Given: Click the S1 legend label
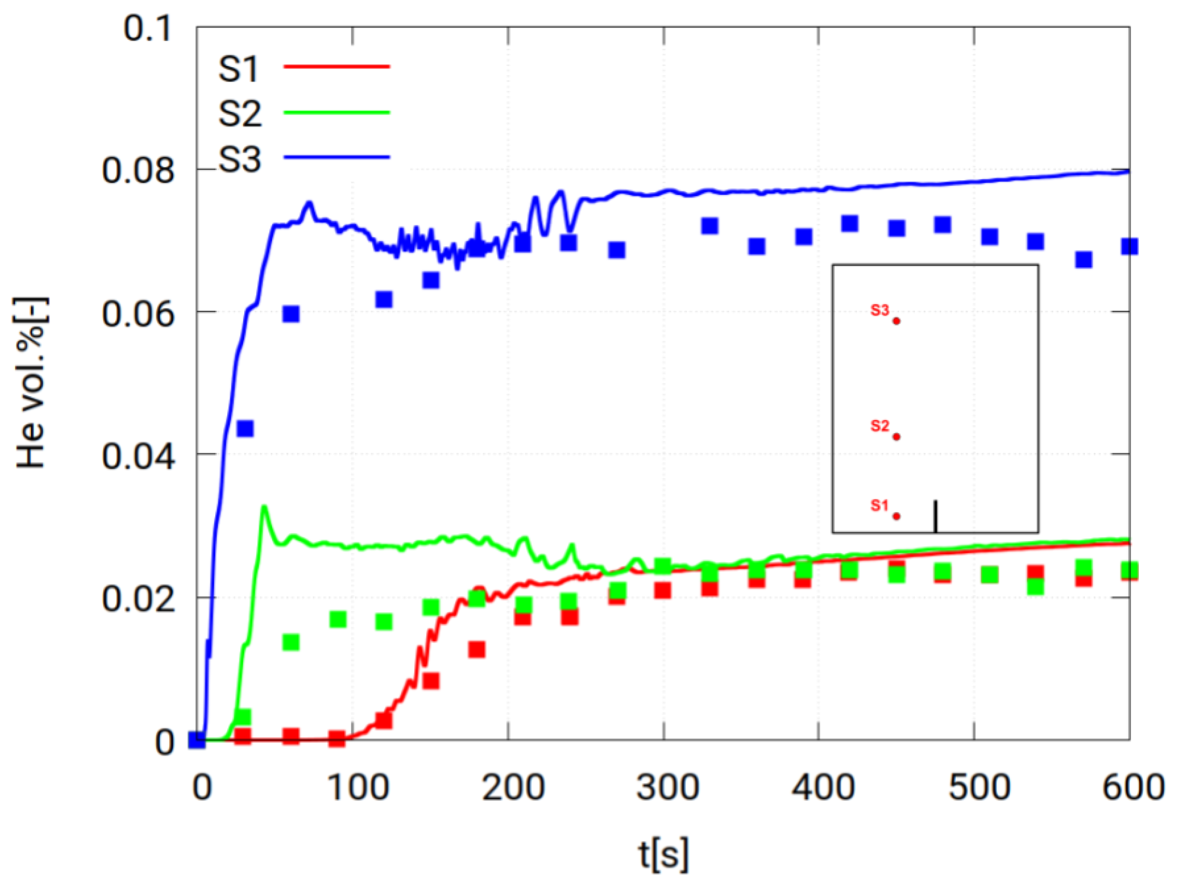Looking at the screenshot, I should click(x=238, y=69).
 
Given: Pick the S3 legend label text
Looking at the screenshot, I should click(x=240, y=159).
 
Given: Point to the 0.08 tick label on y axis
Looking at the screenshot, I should click(x=138, y=171).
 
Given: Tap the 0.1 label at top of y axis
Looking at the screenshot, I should click(x=148, y=28).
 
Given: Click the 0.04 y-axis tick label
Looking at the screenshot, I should click(x=138, y=457).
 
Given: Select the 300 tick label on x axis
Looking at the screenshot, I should click(x=667, y=787).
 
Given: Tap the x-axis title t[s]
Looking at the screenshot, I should click(x=664, y=854).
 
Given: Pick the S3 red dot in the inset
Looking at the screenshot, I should click(x=896, y=321).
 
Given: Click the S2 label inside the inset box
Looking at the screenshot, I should click(x=880, y=426).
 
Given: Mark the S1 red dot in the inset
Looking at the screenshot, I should click(x=896, y=516).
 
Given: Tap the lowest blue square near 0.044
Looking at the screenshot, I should click(x=245, y=428).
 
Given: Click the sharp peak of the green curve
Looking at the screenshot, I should click(x=264, y=506).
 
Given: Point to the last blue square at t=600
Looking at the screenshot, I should click(x=1129, y=246).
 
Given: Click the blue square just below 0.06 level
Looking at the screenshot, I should click(x=290, y=314).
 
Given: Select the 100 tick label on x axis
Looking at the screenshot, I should click(x=357, y=787).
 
